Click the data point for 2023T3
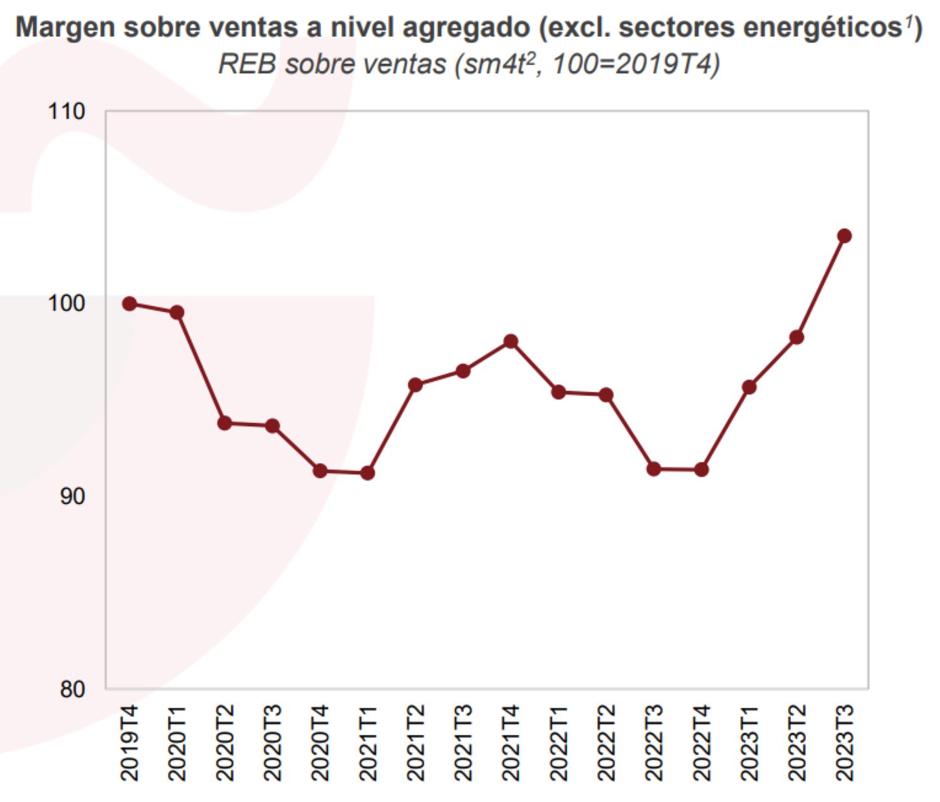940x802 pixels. (x=844, y=236)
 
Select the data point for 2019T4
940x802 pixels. (x=130, y=304)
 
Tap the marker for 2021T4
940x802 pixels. (x=511, y=341)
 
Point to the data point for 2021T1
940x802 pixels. (x=368, y=473)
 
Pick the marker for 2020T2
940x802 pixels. (x=225, y=424)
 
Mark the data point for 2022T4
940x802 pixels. (x=701, y=469)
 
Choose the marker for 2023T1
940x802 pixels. (x=749, y=387)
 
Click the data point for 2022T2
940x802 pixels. (x=606, y=395)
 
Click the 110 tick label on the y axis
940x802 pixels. (x=66, y=112)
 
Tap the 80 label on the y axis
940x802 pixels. (x=72, y=689)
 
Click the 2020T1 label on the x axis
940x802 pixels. (x=177, y=742)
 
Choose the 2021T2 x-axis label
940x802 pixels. (x=415, y=742)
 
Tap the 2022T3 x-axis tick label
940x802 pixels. (x=654, y=742)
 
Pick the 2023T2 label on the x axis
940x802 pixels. (x=796, y=742)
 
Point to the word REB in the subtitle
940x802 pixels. (x=247, y=64)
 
